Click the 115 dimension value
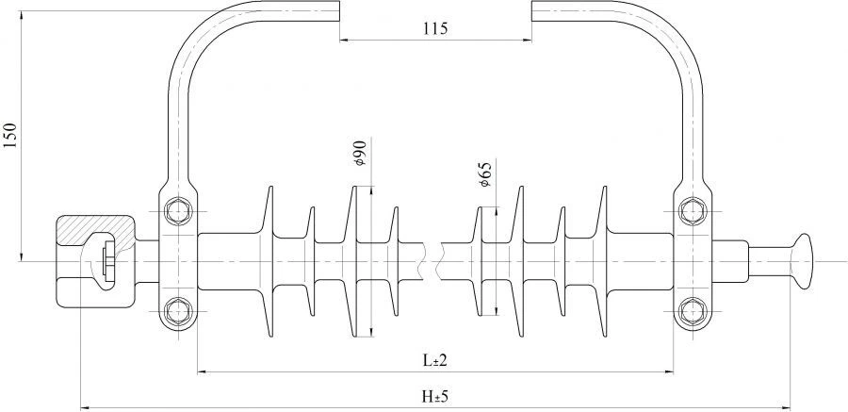click(x=434, y=28)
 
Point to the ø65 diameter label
click(x=484, y=174)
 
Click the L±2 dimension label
click(x=434, y=360)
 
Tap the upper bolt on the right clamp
click(x=693, y=208)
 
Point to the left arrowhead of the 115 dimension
click(x=344, y=40)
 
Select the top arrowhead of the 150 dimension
click(x=21, y=8)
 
